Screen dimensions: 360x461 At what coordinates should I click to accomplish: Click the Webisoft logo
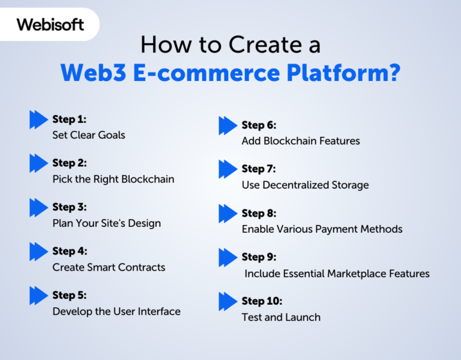tap(50, 25)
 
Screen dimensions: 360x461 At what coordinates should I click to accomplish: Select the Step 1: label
tap(69, 119)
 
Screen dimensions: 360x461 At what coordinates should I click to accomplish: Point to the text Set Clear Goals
tap(89, 135)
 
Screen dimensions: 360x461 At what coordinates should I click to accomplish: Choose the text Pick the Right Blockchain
tap(113, 179)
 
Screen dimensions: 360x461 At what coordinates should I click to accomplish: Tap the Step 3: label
tap(69, 207)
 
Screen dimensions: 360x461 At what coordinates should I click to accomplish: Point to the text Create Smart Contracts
tap(109, 267)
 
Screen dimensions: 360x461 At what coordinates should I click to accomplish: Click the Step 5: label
tap(69, 295)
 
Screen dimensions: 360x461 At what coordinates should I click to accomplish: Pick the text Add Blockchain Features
tap(301, 141)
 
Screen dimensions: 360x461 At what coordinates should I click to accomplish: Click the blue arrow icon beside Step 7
tap(227, 169)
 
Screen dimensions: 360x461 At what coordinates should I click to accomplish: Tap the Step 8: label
tap(259, 213)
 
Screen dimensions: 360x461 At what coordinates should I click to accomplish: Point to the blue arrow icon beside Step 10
tap(227, 301)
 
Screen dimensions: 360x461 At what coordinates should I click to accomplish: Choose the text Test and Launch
tap(281, 317)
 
